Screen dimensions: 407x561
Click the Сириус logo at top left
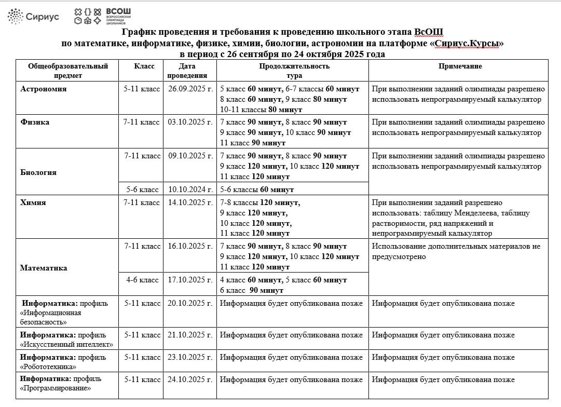click(x=33, y=17)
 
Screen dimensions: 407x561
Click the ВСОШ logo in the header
click(x=103, y=16)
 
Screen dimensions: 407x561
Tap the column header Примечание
click(x=460, y=66)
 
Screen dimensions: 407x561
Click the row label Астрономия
click(x=44, y=89)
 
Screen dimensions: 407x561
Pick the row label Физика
click(x=35, y=123)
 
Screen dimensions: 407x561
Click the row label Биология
click(x=38, y=172)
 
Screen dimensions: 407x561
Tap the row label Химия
click(x=33, y=203)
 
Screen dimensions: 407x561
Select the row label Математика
click(x=44, y=268)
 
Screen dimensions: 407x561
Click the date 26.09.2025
click(x=190, y=89)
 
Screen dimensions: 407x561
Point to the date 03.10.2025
click(x=190, y=123)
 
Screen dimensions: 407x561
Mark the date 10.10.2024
click(x=190, y=190)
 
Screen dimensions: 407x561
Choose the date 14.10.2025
click(x=190, y=203)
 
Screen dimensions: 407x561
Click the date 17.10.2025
click(x=190, y=280)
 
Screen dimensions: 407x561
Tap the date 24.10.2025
click(x=190, y=379)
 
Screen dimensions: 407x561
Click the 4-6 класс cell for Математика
click(x=142, y=280)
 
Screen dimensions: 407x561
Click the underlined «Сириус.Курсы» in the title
click(x=467, y=44)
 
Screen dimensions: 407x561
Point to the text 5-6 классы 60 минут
click(x=257, y=190)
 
